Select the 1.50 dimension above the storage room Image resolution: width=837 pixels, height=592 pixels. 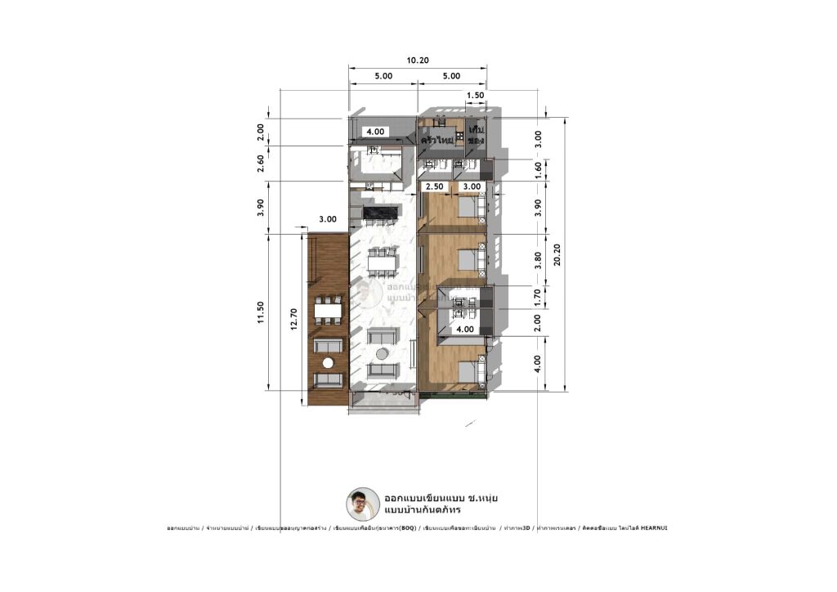(x=475, y=96)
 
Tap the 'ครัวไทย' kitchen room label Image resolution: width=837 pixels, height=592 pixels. (x=437, y=141)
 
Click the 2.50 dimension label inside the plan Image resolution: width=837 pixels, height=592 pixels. (x=434, y=187)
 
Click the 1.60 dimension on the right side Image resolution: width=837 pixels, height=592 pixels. (x=538, y=170)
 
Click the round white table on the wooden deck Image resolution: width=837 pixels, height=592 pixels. (x=329, y=363)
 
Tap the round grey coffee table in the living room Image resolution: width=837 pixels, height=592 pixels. (x=383, y=353)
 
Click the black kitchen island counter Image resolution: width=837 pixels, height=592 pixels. (x=379, y=214)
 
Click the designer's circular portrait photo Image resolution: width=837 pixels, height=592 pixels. (x=363, y=505)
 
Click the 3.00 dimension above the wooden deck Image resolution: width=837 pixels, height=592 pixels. (x=328, y=220)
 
